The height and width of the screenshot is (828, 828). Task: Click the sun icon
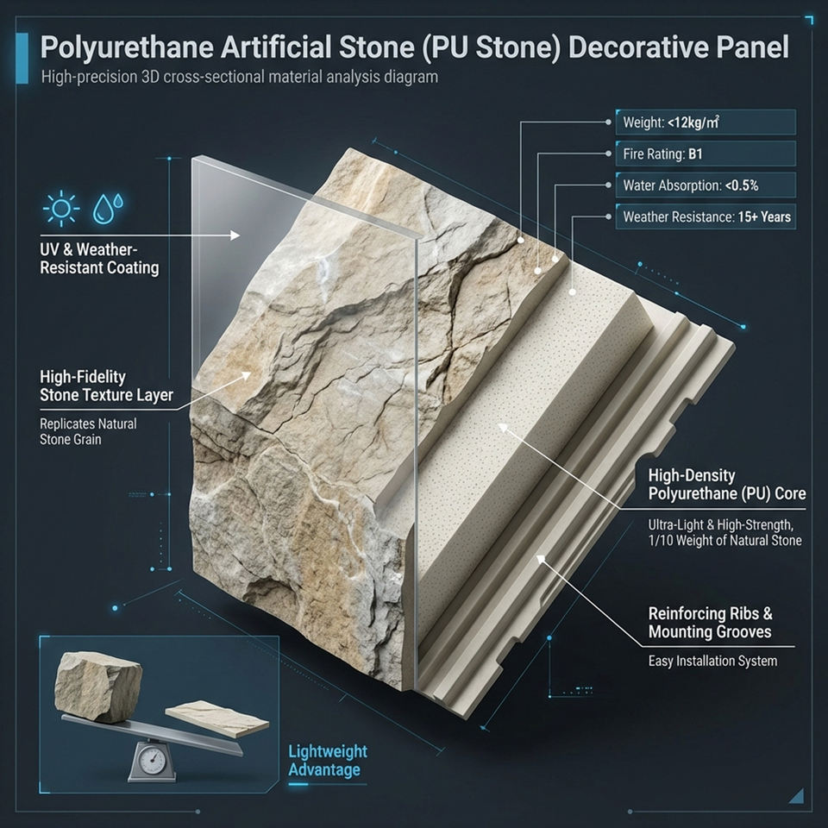click(60, 209)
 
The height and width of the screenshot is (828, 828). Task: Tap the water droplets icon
click(108, 208)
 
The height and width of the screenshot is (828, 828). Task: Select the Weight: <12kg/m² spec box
click(706, 122)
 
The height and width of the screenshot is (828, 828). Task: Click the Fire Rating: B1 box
click(706, 154)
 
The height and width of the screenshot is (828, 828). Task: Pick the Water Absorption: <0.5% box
click(706, 185)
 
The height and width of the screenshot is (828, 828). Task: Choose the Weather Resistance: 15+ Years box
click(706, 216)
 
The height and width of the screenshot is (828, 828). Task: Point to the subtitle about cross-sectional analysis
click(239, 77)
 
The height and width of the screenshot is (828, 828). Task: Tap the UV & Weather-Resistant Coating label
click(99, 258)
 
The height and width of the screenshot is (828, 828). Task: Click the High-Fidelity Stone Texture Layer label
click(106, 386)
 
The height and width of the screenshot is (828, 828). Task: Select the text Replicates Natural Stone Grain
click(88, 431)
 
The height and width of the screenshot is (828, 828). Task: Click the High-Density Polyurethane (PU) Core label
click(726, 484)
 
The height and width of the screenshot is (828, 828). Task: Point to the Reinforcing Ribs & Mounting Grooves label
click(710, 623)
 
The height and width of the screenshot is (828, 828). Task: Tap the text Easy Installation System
click(712, 662)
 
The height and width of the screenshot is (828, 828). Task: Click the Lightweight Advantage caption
click(328, 761)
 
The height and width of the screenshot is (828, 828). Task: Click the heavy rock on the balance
click(97, 687)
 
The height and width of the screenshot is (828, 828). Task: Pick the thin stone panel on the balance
click(217, 718)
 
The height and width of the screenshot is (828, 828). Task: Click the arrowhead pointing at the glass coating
click(235, 235)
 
